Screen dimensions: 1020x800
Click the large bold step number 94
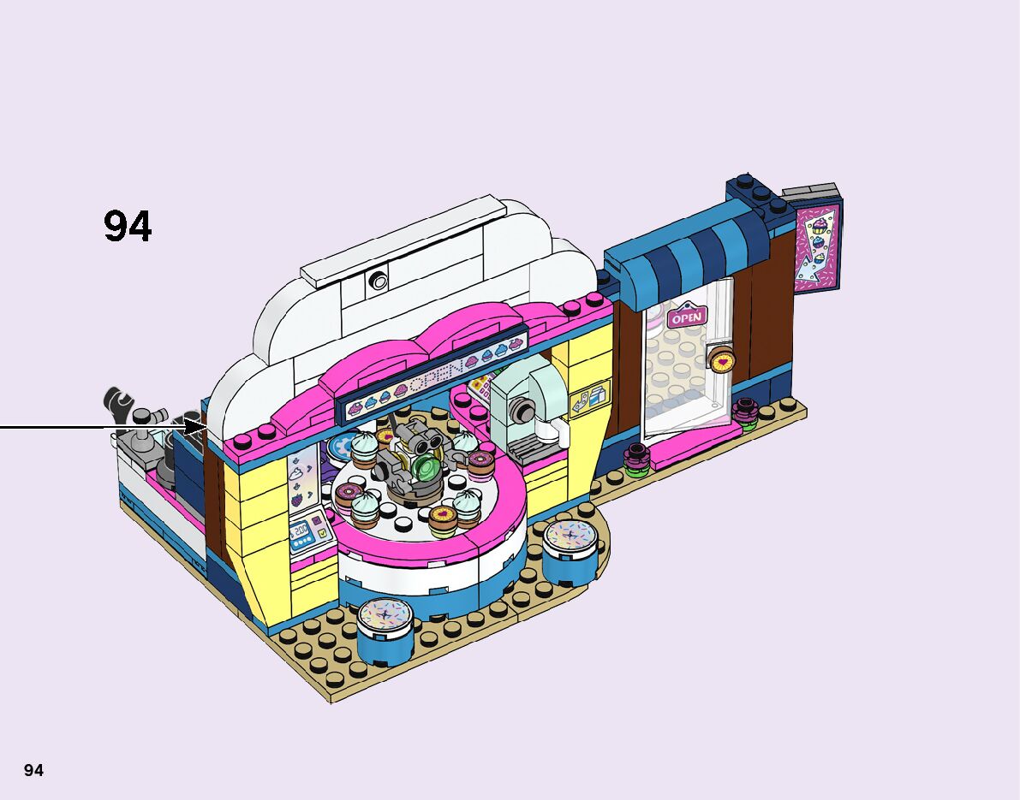(x=128, y=226)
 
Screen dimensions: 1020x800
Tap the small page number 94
(x=33, y=770)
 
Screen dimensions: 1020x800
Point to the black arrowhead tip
(x=206, y=427)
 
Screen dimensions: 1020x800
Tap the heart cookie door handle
(x=721, y=359)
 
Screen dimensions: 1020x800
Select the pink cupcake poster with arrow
(x=817, y=247)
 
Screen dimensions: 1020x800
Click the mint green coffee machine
(x=527, y=406)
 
